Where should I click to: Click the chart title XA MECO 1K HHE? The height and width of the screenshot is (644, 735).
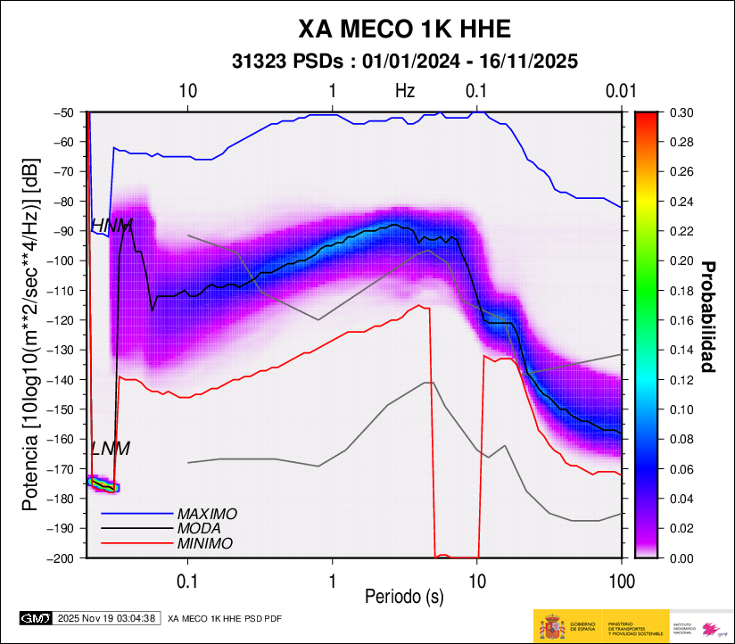click(x=404, y=29)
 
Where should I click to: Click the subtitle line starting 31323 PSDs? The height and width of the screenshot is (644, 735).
click(x=404, y=62)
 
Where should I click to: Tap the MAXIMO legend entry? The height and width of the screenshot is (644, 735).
click(x=207, y=515)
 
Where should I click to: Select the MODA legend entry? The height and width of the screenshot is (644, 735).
click(x=200, y=529)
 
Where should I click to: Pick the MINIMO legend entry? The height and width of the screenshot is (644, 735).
click(x=204, y=543)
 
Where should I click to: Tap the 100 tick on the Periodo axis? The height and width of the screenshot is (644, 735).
click(x=621, y=581)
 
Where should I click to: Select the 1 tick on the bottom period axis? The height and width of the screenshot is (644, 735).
click(x=332, y=581)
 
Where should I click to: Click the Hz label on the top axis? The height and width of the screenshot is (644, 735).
click(x=405, y=90)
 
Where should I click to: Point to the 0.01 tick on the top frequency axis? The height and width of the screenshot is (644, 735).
click(x=619, y=90)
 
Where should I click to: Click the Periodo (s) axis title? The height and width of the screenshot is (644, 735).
click(x=404, y=595)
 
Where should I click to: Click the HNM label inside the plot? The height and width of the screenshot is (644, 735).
click(x=111, y=225)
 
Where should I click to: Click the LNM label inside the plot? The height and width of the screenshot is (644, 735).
click(x=111, y=449)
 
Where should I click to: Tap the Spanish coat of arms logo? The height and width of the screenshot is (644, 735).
click(x=552, y=626)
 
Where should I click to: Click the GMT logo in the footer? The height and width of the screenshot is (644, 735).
click(x=36, y=617)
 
